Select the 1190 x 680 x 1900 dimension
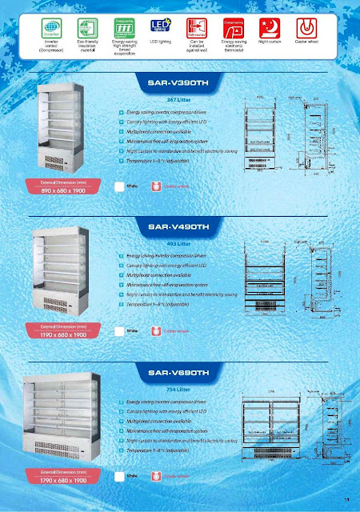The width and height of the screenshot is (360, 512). [x=56, y=335]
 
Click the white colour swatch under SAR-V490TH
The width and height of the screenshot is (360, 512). [x=118, y=330]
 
